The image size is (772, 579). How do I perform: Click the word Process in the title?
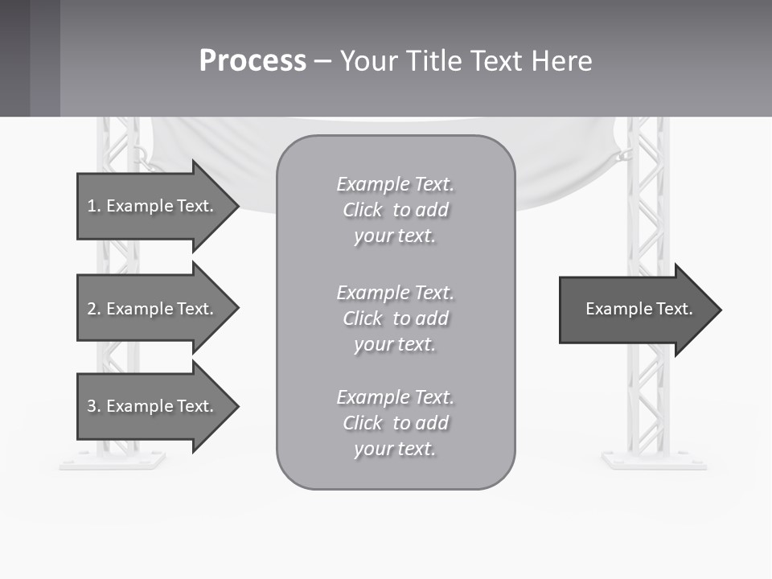pyautogui.click(x=253, y=61)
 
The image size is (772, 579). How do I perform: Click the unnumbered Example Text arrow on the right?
pyautogui.click(x=639, y=309)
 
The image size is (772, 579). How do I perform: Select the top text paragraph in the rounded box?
pyautogui.click(x=395, y=210)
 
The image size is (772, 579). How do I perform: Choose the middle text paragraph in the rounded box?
pyautogui.click(x=395, y=318)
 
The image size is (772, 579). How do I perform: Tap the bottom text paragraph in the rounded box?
pyautogui.click(x=395, y=423)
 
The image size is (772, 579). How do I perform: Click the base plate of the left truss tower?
pyautogui.click(x=112, y=461)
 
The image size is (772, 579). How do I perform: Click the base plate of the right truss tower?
pyautogui.click(x=654, y=461)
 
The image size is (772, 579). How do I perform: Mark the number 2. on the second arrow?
pyautogui.click(x=94, y=309)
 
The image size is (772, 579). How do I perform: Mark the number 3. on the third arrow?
pyautogui.click(x=94, y=406)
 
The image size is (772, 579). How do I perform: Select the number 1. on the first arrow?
pyautogui.click(x=94, y=206)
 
